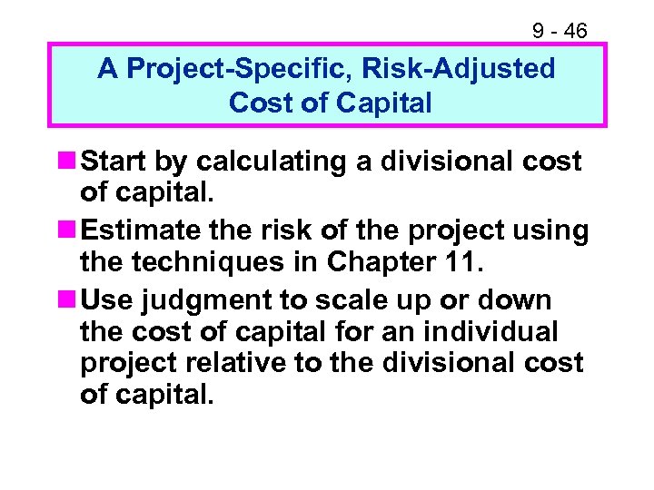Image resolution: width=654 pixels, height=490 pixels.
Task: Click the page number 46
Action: pyautogui.click(x=575, y=32)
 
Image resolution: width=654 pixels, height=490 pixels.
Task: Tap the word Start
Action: pyautogui.click(x=113, y=162)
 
